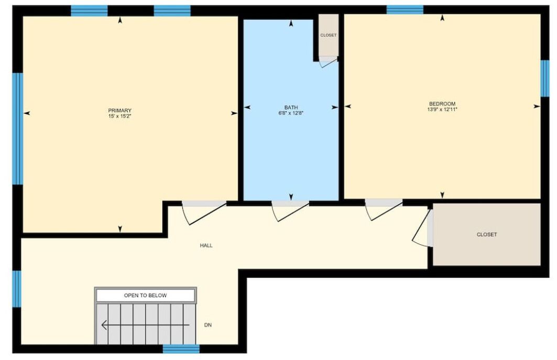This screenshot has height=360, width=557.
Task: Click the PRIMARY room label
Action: tap(119, 111)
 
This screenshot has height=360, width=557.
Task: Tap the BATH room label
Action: tap(291, 107)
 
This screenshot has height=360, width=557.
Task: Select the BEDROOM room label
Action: tap(442, 104)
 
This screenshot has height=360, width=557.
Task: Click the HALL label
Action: tap(206, 245)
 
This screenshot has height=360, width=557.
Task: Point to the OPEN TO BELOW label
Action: tap(145, 296)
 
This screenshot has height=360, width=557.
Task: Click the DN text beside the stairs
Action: tap(208, 325)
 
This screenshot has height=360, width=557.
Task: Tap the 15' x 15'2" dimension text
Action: tap(119, 116)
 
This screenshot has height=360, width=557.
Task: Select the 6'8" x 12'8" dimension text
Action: tap(291, 113)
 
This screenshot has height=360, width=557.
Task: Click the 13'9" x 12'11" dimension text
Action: tap(442, 110)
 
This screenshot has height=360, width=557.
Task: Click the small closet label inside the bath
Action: tap(328, 35)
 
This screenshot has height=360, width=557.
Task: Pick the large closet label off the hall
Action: tap(487, 235)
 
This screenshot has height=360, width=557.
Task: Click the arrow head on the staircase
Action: tap(104, 325)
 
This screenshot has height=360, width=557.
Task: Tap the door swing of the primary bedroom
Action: tap(203, 213)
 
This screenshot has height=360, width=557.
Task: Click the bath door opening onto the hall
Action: tap(290, 212)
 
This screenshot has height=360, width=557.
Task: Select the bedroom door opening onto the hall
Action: tap(383, 210)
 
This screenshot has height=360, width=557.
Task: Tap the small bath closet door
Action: tap(328, 62)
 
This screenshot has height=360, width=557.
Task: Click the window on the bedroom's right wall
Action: tap(545, 78)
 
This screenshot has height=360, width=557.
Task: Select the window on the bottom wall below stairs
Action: tap(181, 348)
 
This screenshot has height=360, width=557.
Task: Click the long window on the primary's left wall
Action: tap(17, 129)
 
